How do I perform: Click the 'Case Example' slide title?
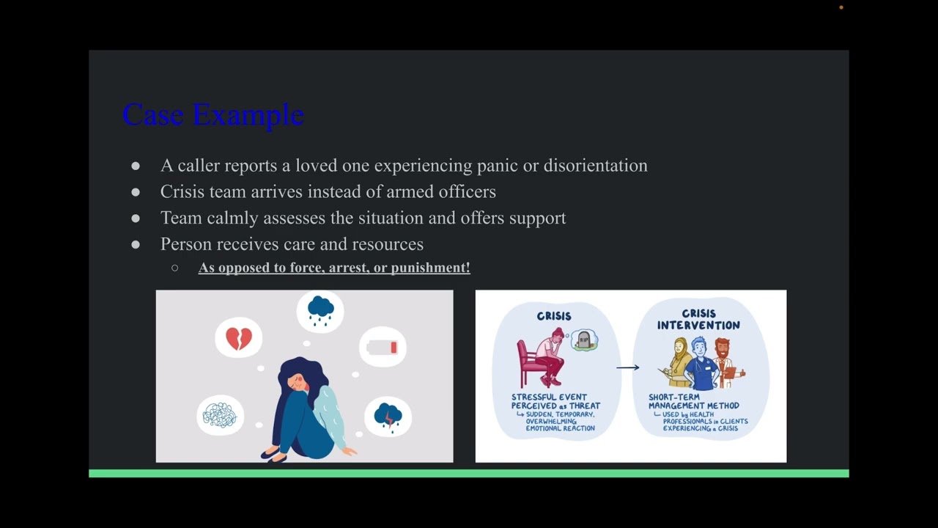pyautogui.click(x=213, y=115)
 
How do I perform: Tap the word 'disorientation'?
pyautogui.click(x=595, y=166)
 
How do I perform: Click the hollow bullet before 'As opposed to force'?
pyautogui.click(x=174, y=268)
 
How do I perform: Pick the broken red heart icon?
pyautogui.click(x=239, y=338)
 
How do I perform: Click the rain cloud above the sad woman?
pyautogui.click(x=320, y=310)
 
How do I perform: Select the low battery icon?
pyautogui.click(x=383, y=348)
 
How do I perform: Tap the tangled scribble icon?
pyautogui.click(x=220, y=416)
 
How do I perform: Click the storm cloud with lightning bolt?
pyautogui.click(x=388, y=416)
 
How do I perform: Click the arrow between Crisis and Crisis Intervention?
pyautogui.click(x=627, y=367)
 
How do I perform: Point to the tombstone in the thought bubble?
pyautogui.click(x=584, y=340)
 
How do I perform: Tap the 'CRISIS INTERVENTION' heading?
pyautogui.click(x=698, y=320)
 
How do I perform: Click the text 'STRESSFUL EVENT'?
pyautogui.click(x=549, y=397)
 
